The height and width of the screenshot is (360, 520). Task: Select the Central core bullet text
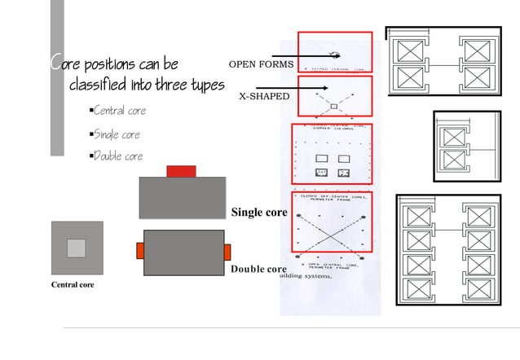[x=119, y=110]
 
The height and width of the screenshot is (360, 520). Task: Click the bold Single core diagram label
[x=259, y=213]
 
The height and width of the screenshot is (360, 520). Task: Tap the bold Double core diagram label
[x=258, y=269]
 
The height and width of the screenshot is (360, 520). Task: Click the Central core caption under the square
[x=73, y=285]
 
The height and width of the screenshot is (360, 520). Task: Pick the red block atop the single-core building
[x=181, y=171]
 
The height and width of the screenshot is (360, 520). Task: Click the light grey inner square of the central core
[x=76, y=248]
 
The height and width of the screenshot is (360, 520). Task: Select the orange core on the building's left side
[x=139, y=250]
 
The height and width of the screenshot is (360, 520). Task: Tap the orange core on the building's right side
[x=227, y=252]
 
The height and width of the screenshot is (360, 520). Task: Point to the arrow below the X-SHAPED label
[x=302, y=86]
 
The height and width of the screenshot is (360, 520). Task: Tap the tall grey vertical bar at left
[x=56, y=77]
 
